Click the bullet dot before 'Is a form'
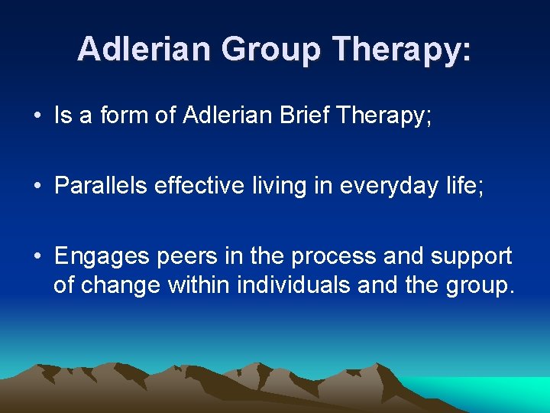(x=37, y=116)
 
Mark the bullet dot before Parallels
(x=37, y=187)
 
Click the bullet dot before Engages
(x=37, y=257)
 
